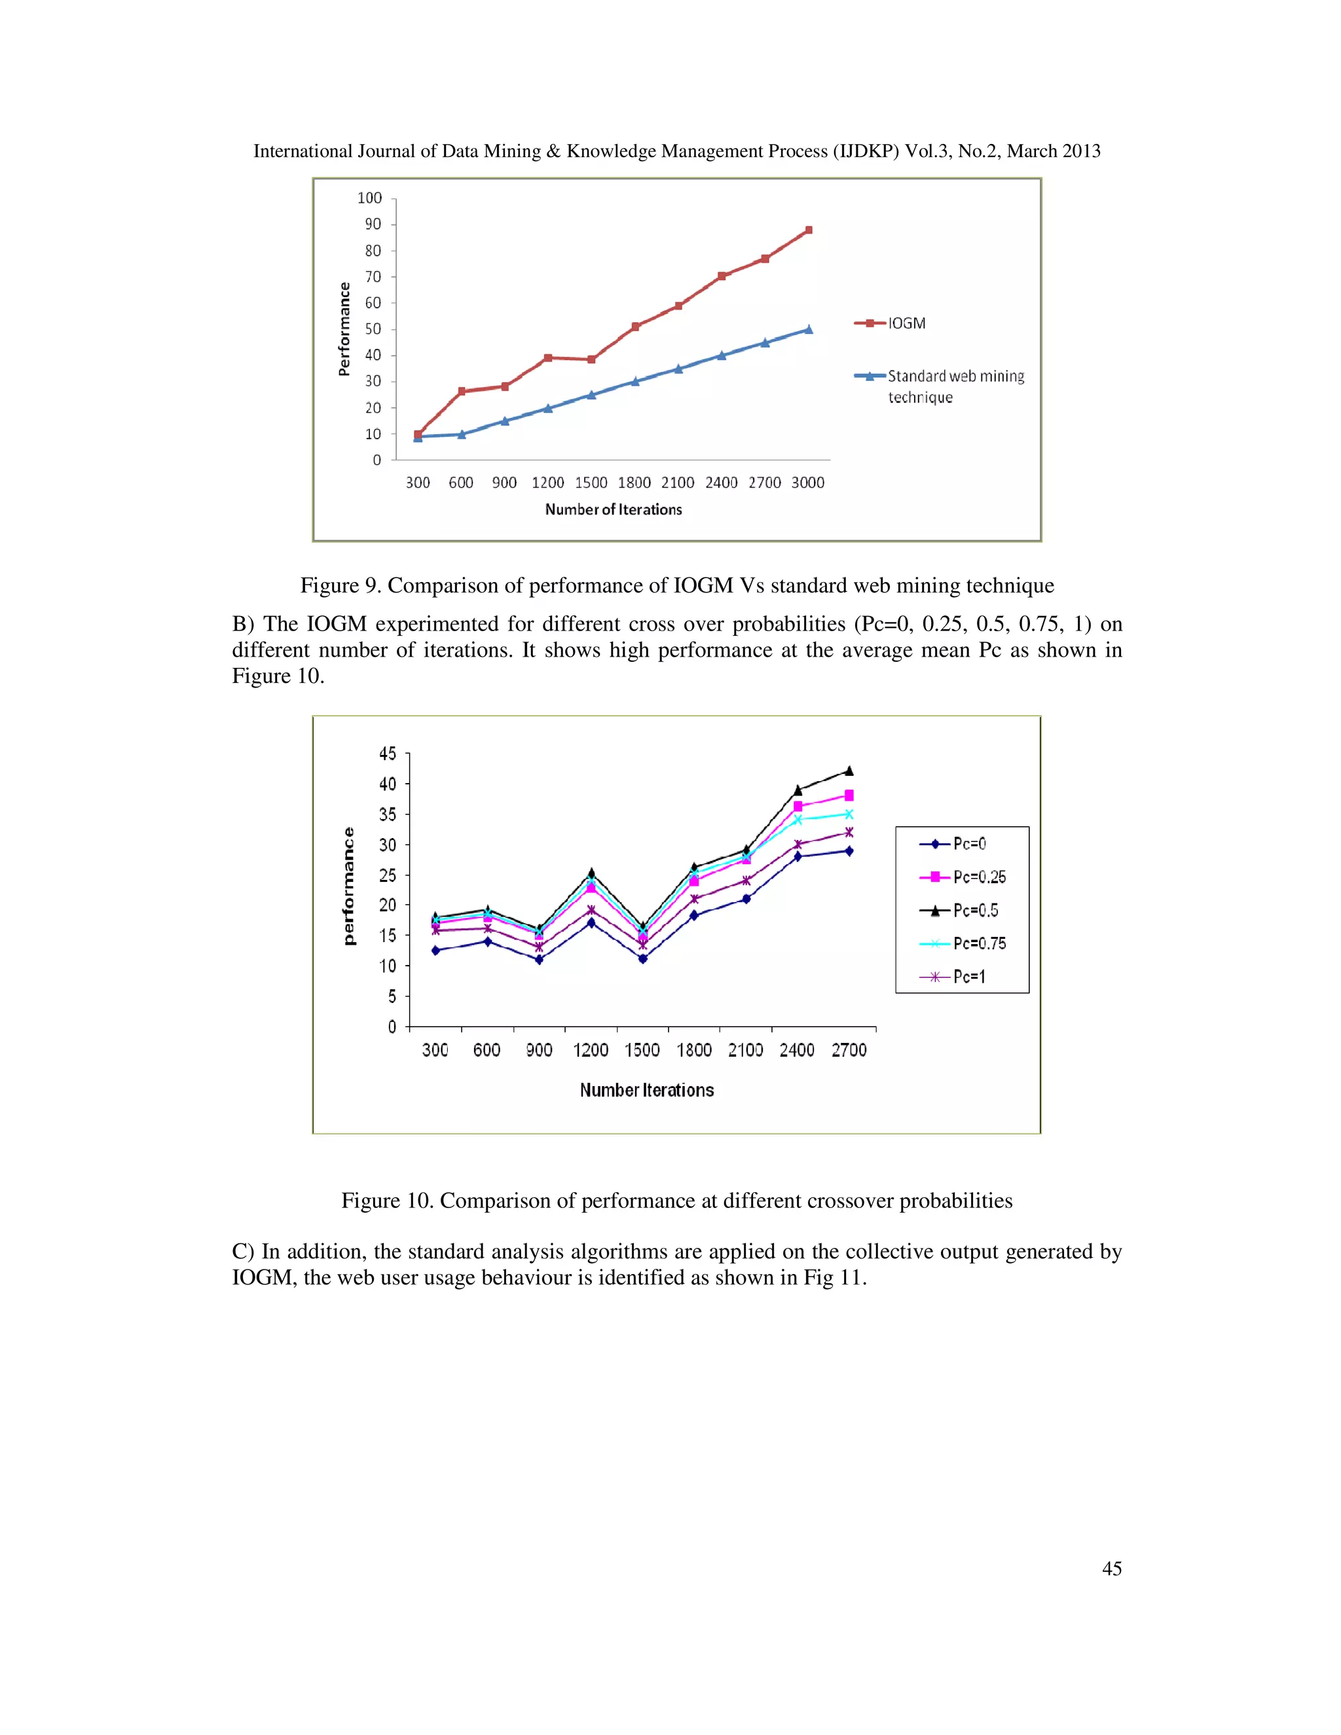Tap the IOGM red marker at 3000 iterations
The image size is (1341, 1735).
pyautogui.click(x=809, y=230)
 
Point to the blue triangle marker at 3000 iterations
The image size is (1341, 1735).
pyautogui.click(x=809, y=329)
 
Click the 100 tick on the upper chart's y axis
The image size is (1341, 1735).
pyautogui.click(x=369, y=198)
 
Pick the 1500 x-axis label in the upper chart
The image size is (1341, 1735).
pyautogui.click(x=591, y=483)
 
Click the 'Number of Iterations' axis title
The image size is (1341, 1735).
pyautogui.click(x=614, y=510)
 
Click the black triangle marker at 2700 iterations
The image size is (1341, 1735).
pyautogui.click(x=849, y=771)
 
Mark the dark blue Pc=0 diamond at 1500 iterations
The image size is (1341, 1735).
pyautogui.click(x=643, y=959)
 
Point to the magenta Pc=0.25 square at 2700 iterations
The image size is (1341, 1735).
pyautogui.click(x=849, y=795)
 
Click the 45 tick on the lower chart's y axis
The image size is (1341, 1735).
pyautogui.click(x=388, y=753)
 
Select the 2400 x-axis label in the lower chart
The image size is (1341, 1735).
pyautogui.click(x=797, y=1050)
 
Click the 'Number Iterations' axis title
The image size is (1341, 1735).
pyautogui.click(x=647, y=1091)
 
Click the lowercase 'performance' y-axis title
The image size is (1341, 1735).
pyautogui.click(x=349, y=886)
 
